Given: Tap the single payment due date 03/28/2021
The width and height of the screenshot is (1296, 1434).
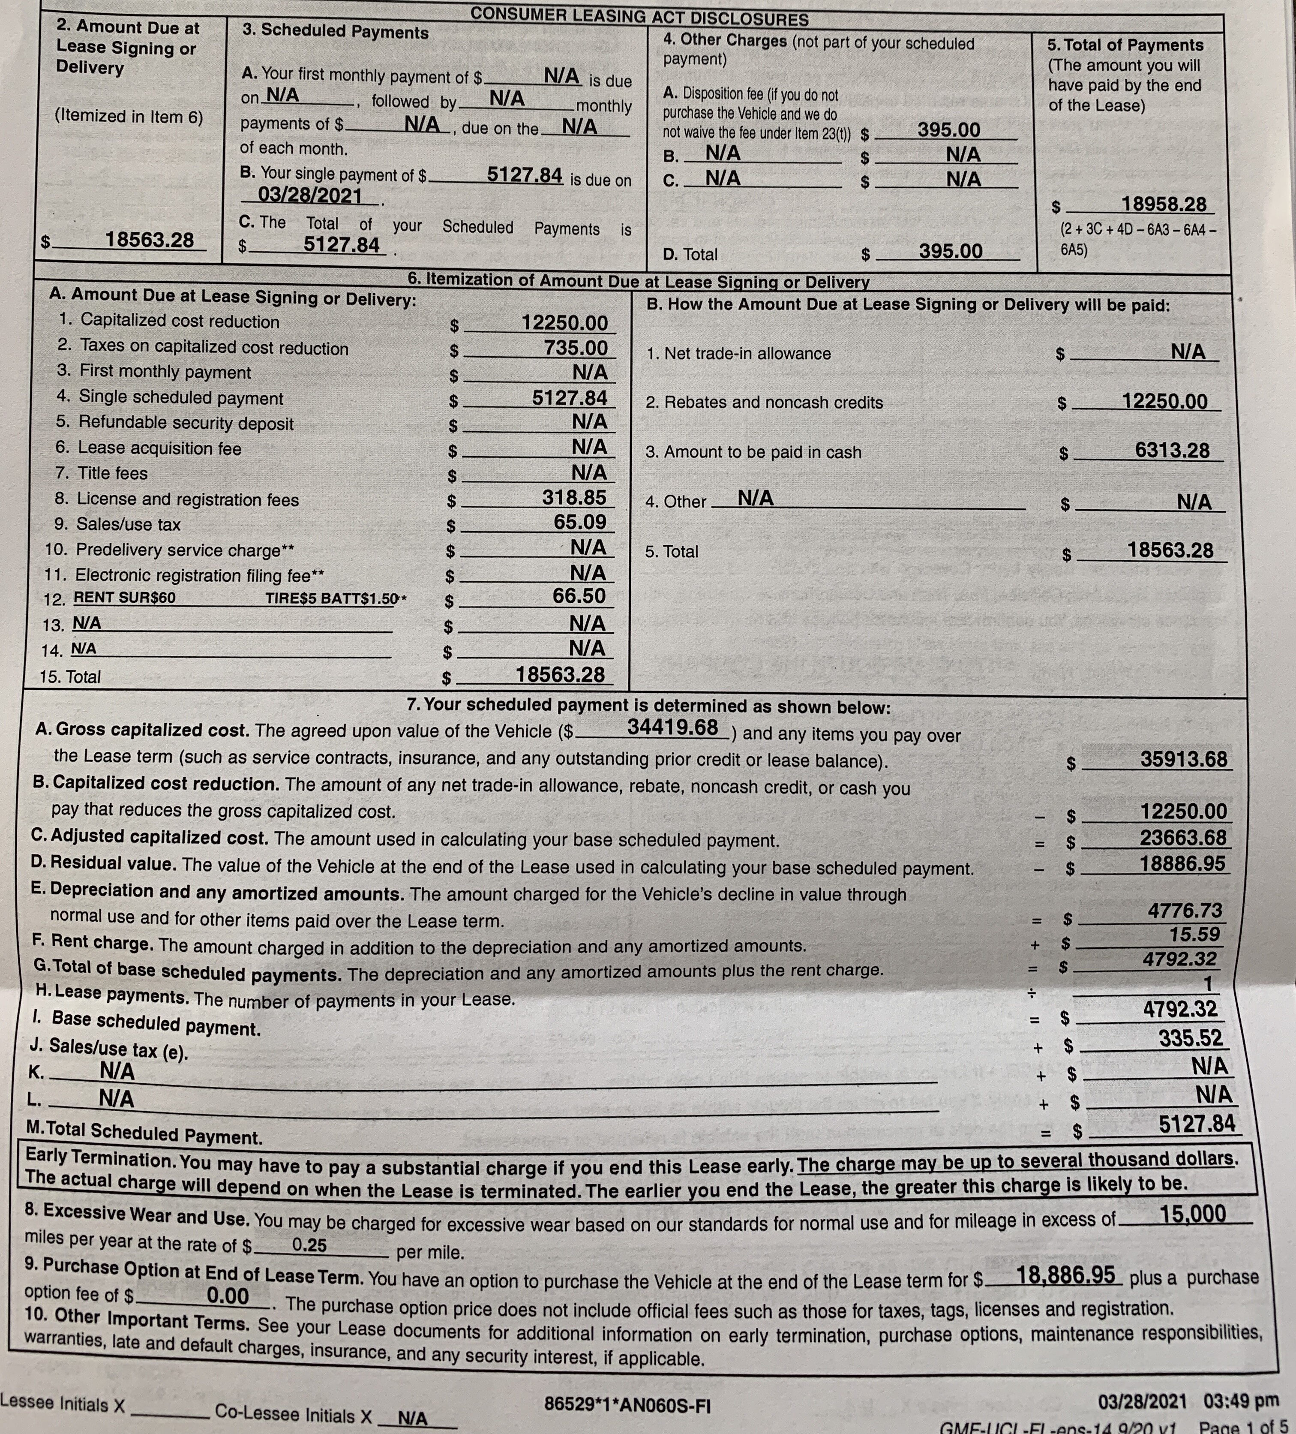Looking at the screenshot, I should pyautogui.click(x=310, y=195).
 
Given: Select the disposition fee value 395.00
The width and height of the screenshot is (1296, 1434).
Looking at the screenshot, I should pyautogui.click(x=948, y=130).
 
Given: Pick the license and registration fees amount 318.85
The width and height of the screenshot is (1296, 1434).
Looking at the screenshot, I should pyautogui.click(x=574, y=497).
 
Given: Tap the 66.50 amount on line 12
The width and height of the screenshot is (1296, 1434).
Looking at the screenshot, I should pyautogui.click(x=579, y=596).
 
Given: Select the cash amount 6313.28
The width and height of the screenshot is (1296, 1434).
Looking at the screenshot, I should pyautogui.click(x=1172, y=450).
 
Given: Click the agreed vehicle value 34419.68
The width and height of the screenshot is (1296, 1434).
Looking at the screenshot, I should pyautogui.click(x=672, y=727).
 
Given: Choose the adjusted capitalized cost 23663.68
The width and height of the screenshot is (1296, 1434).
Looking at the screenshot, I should pyautogui.click(x=1183, y=837).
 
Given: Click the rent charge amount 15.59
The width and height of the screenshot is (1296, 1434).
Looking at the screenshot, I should pyautogui.click(x=1194, y=934).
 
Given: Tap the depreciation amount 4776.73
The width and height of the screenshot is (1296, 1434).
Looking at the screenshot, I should pyautogui.click(x=1185, y=911).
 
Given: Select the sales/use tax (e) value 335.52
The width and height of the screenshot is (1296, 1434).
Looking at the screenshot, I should pyautogui.click(x=1191, y=1038).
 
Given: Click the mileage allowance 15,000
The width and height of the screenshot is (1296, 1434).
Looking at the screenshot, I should pyautogui.click(x=1192, y=1214).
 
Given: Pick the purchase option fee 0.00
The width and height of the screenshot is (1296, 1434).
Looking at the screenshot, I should pyautogui.click(x=228, y=1296).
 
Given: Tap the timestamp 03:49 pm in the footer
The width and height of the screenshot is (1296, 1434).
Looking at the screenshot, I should pyautogui.click(x=1241, y=1401).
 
